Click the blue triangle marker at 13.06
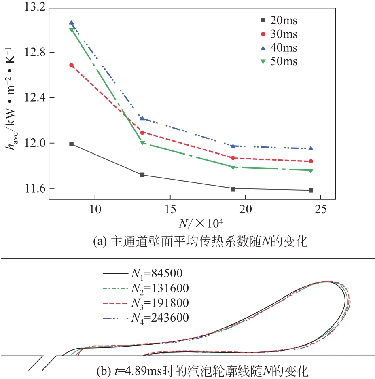(x=72, y=23)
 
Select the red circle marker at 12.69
(x=72, y=65)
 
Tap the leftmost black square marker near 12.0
(x=72, y=144)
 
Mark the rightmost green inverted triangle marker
(x=311, y=171)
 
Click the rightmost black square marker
(x=311, y=190)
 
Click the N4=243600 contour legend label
(x=159, y=318)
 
